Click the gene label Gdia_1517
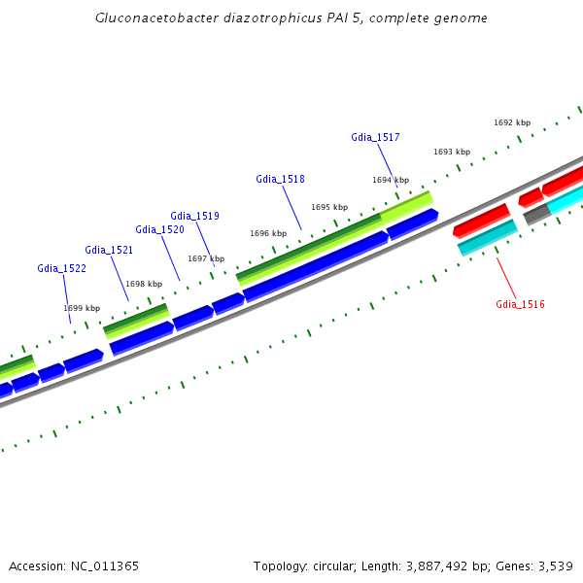point(375,138)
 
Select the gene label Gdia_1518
point(280,179)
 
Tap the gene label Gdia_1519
point(194,216)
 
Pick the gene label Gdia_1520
point(159,229)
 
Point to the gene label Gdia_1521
point(109,250)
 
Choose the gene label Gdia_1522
point(61,268)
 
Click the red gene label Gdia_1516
point(520,305)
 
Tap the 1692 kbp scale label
point(512,122)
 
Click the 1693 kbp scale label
point(452,152)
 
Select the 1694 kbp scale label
point(391,180)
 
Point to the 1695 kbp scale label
point(329,207)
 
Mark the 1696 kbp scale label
point(268,233)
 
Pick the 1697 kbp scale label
point(206,258)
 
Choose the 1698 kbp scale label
point(144,284)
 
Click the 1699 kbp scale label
point(82,308)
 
